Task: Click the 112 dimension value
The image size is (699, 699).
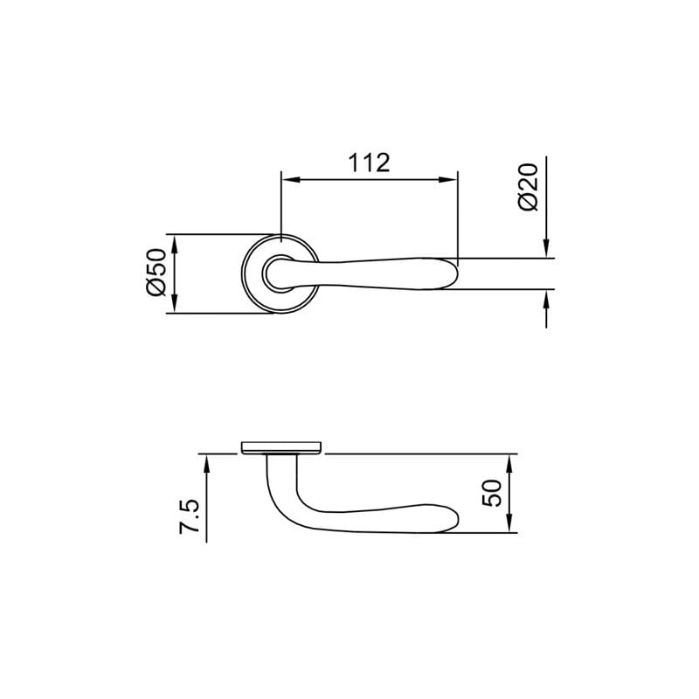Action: [x=369, y=163]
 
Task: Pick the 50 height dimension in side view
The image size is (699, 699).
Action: [x=490, y=493]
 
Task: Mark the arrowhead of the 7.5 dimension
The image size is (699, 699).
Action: [x=207, y=463]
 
